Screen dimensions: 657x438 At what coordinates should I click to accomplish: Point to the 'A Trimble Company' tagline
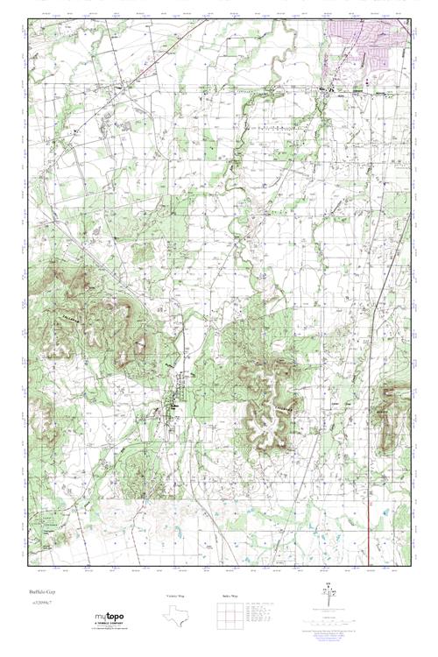[x=104, y=625]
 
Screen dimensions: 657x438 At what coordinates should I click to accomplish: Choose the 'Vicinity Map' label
[x=175, y=597]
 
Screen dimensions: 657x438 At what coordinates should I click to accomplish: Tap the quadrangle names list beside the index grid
[x=263, y=612]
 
